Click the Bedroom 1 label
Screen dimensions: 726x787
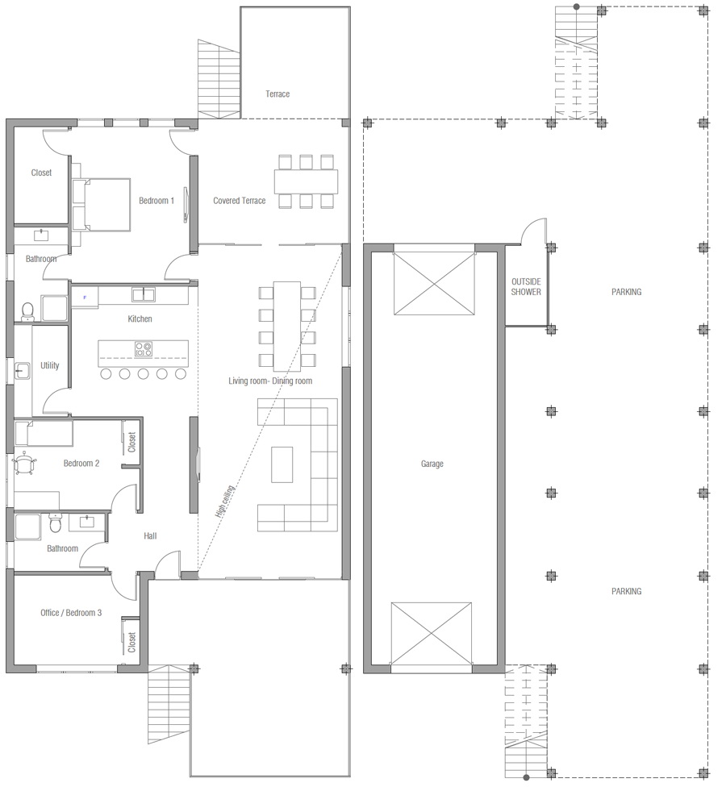click(x=156, y=201)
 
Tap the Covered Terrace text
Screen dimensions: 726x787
click(x=239, y=201)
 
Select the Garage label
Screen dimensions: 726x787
click(x=432, y=464)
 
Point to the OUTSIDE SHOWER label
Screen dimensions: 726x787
click(x=526, y=286)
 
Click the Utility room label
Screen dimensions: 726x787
click(x=50, y=365)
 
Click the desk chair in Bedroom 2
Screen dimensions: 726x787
click(x=24, y=463)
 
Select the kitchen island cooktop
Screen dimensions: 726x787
click(x=143, y=349)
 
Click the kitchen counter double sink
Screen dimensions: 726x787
click(x=144, y=294)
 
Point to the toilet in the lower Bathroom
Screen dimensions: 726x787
click(x=55, y=523)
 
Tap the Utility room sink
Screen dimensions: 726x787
click(x=22, y=370)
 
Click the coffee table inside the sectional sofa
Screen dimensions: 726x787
click(x=282, y=464)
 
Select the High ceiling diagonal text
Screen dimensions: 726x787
click(x=224, y=502)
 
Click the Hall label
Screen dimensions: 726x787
click(x=150, y=536)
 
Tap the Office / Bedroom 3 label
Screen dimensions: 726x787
click(x=71, y=613)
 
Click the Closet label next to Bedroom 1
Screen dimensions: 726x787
click(x=41, y=173)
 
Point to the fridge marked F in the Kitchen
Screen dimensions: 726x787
click(x=85, y=298)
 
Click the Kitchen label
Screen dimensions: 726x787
click(x=140, y=319)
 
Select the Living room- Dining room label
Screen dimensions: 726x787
click(x=270, y=381)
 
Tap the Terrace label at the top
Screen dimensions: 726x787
click(x=277, y=94)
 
